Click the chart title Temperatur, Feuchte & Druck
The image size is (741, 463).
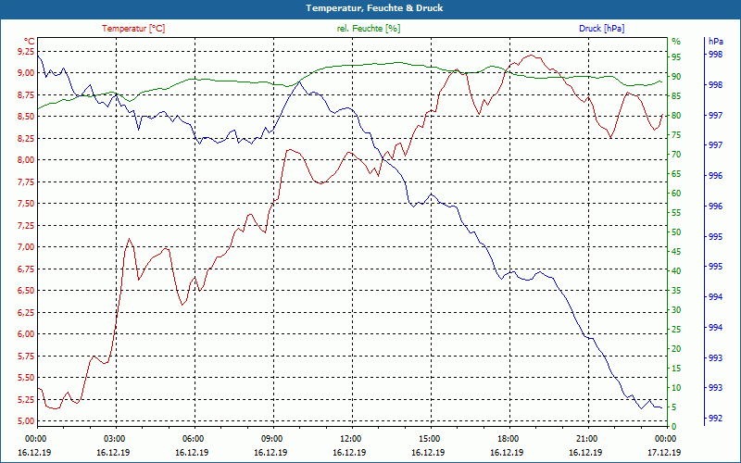coord(370,7)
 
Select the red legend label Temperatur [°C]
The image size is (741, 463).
coord(133,28)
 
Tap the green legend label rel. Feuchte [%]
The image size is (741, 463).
coord(369,28)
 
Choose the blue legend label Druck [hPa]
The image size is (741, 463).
coord(601,28)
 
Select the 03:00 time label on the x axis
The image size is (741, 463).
coord(114,437)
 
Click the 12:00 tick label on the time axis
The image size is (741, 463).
coord(350,437)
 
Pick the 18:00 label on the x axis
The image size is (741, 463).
coord(508,437)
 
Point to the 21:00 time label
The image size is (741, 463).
coord(586,437)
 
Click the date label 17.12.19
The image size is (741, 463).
coord(664,452)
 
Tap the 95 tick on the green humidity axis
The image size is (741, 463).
coord(676,56)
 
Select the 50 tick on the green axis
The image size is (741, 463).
coord(676,231)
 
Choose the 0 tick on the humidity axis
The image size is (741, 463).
coord(673,426)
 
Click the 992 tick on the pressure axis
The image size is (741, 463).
coord(715,419)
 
